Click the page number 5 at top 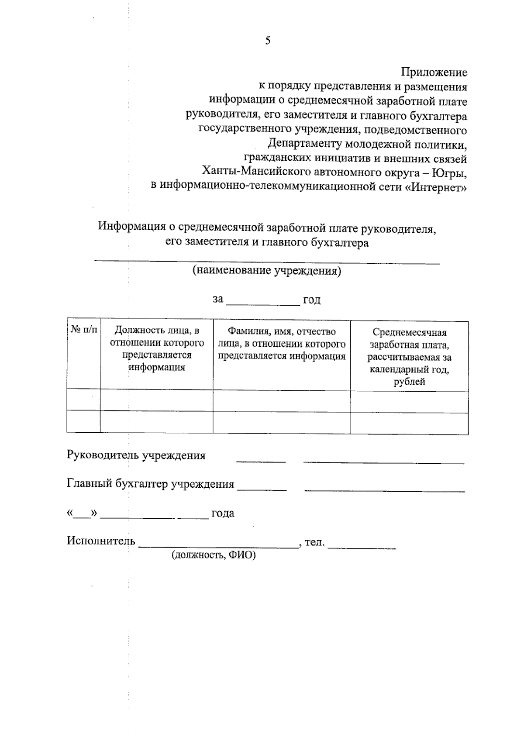(268, 41)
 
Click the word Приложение (434, 72)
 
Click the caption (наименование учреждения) (267, 271)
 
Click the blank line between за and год (263, 301)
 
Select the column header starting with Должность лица (157, 349)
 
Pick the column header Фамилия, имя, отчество (282, 344)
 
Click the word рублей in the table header (409, 382)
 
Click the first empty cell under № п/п (83, 400)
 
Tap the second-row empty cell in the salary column (409, 423)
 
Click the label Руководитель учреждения (136, 455)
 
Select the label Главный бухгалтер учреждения (150, 484)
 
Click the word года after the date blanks (223, 514)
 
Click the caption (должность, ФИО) (214, 555)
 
